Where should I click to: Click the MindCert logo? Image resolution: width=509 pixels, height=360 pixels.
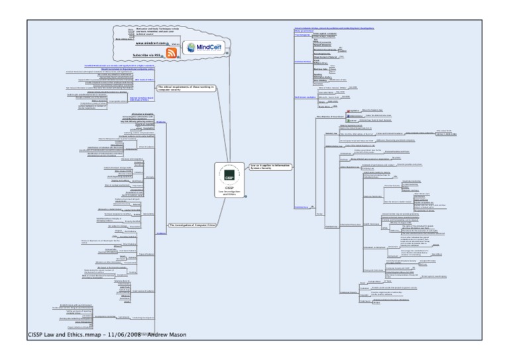tap(202, 48)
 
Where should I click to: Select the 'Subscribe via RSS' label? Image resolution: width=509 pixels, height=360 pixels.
tap(148, 54)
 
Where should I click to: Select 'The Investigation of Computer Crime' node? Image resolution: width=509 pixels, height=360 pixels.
tap(192, 225)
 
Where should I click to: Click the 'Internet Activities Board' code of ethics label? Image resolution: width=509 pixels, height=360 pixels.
tap(142, 98)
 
